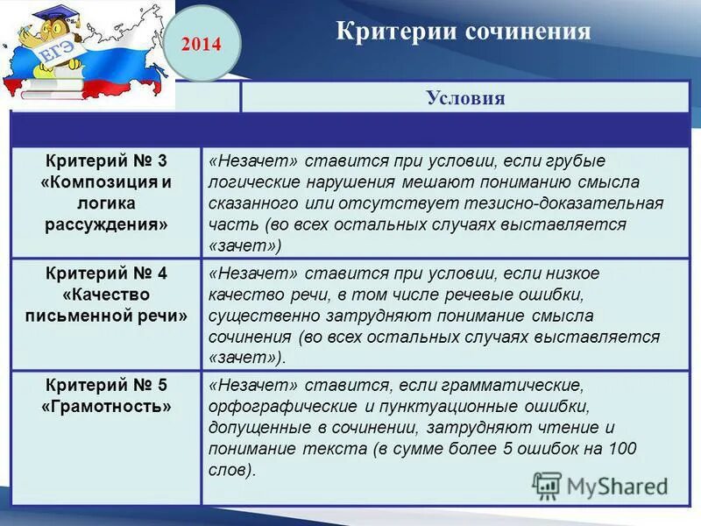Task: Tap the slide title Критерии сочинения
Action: coord(464,32)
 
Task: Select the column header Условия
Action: coord(465,97)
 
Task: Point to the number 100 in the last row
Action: coord(621,449)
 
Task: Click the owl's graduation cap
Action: coord(46,17)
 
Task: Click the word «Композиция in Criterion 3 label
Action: coord(97,182)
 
